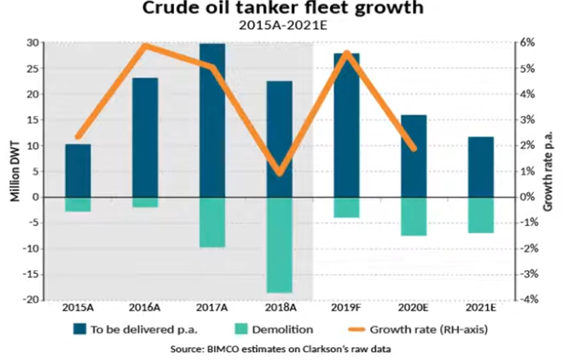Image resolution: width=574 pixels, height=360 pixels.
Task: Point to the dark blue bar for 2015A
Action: pos(78,171)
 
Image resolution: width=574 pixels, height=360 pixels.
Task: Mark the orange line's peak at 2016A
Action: pos(146,45)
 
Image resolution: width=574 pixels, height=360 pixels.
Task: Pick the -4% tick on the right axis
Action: pos(529,299)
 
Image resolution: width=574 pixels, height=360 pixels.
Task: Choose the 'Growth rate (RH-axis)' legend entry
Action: pos(432,328)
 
